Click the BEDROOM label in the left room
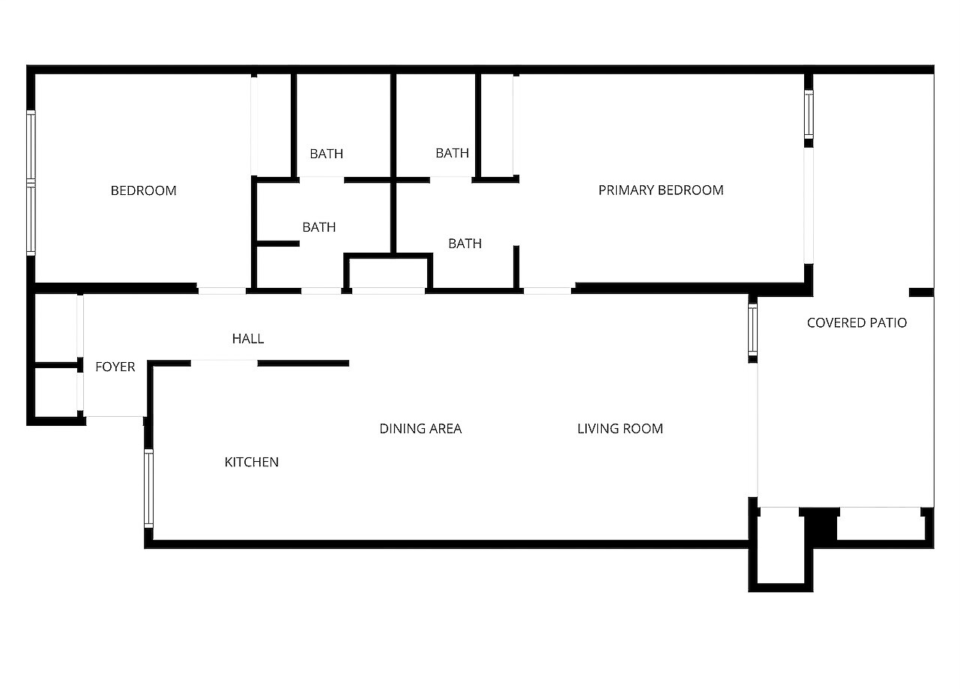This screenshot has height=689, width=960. point(144,190)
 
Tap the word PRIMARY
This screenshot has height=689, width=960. point(627,190)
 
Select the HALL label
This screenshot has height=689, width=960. point(248,339)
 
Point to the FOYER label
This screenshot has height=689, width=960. point(115,367)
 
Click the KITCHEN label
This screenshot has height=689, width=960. point(252,462)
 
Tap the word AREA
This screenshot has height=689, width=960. point(445,428)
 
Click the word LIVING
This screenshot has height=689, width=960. point(597,428)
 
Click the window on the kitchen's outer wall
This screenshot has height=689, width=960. point(148,488)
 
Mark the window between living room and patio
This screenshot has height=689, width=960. point(752,329)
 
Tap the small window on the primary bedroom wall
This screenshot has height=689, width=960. point(809,114)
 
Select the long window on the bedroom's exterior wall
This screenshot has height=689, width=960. point(31,183)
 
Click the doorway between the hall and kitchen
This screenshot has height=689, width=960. point(224,364)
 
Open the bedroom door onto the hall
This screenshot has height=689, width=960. point(222,291)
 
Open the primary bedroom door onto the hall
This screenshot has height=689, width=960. point(547,291)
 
